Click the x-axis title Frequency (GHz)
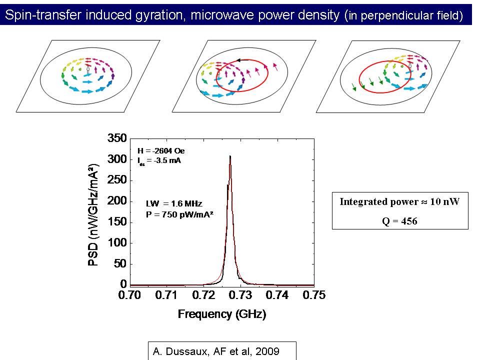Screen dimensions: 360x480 [221, 314]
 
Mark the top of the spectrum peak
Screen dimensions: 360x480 [230, 156]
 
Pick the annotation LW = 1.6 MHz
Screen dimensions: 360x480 [167, 203]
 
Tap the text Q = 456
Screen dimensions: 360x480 [399, 220]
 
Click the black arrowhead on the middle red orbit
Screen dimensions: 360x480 [239, 60]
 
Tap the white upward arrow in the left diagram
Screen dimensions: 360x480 [88, 70]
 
